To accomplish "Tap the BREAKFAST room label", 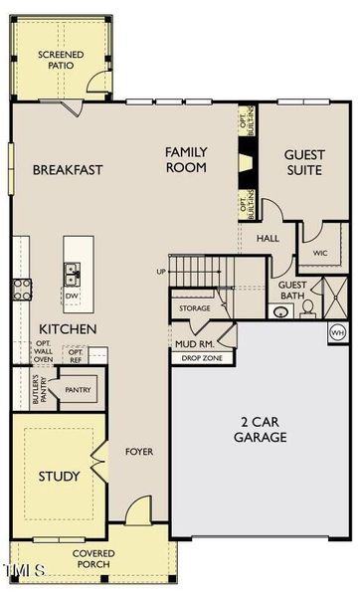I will pyautogui.click(x=68, y=170).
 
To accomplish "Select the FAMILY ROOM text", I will pyautogui.click(x=186, y=159).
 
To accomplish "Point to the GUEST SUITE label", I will pyautogui.click(x=303, y=162).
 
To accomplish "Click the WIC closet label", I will pyautogui.click(x=320, y=253).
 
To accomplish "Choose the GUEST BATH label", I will pyautogui.click(x=292, y=290).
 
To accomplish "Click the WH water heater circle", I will pyautogui.click(x=337, y=331).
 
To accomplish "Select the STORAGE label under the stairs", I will pyautogui.click(x=195, y=308).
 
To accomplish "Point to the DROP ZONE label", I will pyautogui.click(x=202, y=357).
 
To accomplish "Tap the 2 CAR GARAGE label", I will pyautogui.click(x=262, y=429).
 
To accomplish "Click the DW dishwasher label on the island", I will pyautogui.click(x=72, y=296).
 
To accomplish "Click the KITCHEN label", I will pyautogui.click(x=68, y=328).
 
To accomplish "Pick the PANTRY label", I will pyautogui.click(x=79, y=391).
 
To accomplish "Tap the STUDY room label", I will pyautogui.click(x=59, y=477).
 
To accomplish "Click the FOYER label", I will pyautogui.click(x=138, y=452).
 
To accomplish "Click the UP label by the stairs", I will pyautogui.click(x=161, y=271).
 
